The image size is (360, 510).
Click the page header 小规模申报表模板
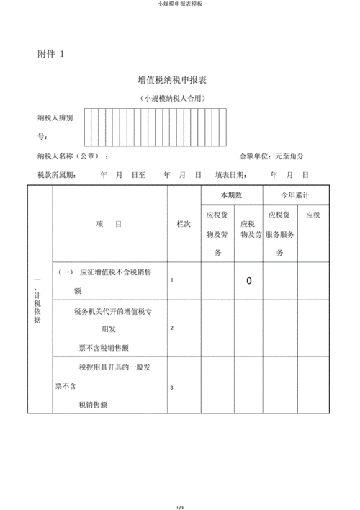(179, 4)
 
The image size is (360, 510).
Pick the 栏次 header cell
(184, 224)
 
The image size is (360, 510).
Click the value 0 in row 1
(249, 281)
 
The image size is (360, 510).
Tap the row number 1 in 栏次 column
(171, 280)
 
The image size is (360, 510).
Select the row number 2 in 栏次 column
(171, 328)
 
